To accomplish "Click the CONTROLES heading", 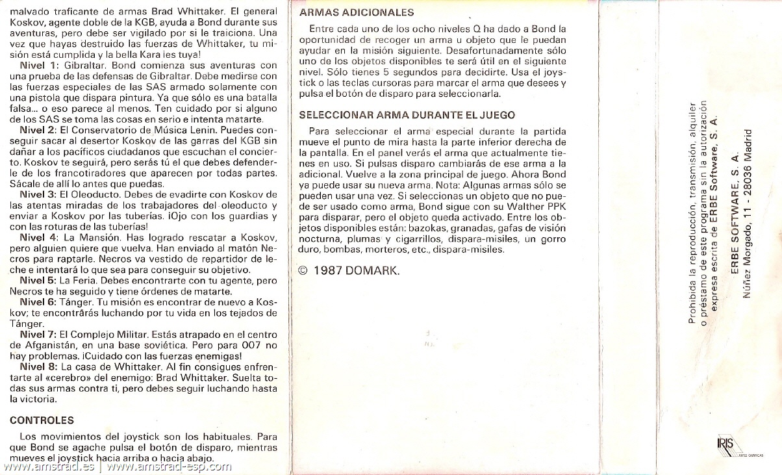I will [x=42, y=420].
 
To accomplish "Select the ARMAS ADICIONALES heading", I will [x=357, y=12].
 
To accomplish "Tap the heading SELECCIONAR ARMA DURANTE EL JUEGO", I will [x=407, y=115].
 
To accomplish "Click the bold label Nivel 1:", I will [x=38, y=66].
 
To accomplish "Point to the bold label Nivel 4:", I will [x=38, y=237].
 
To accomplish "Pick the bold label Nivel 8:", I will [x=38, y=366].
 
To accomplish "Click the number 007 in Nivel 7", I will [x=251, y=344].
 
